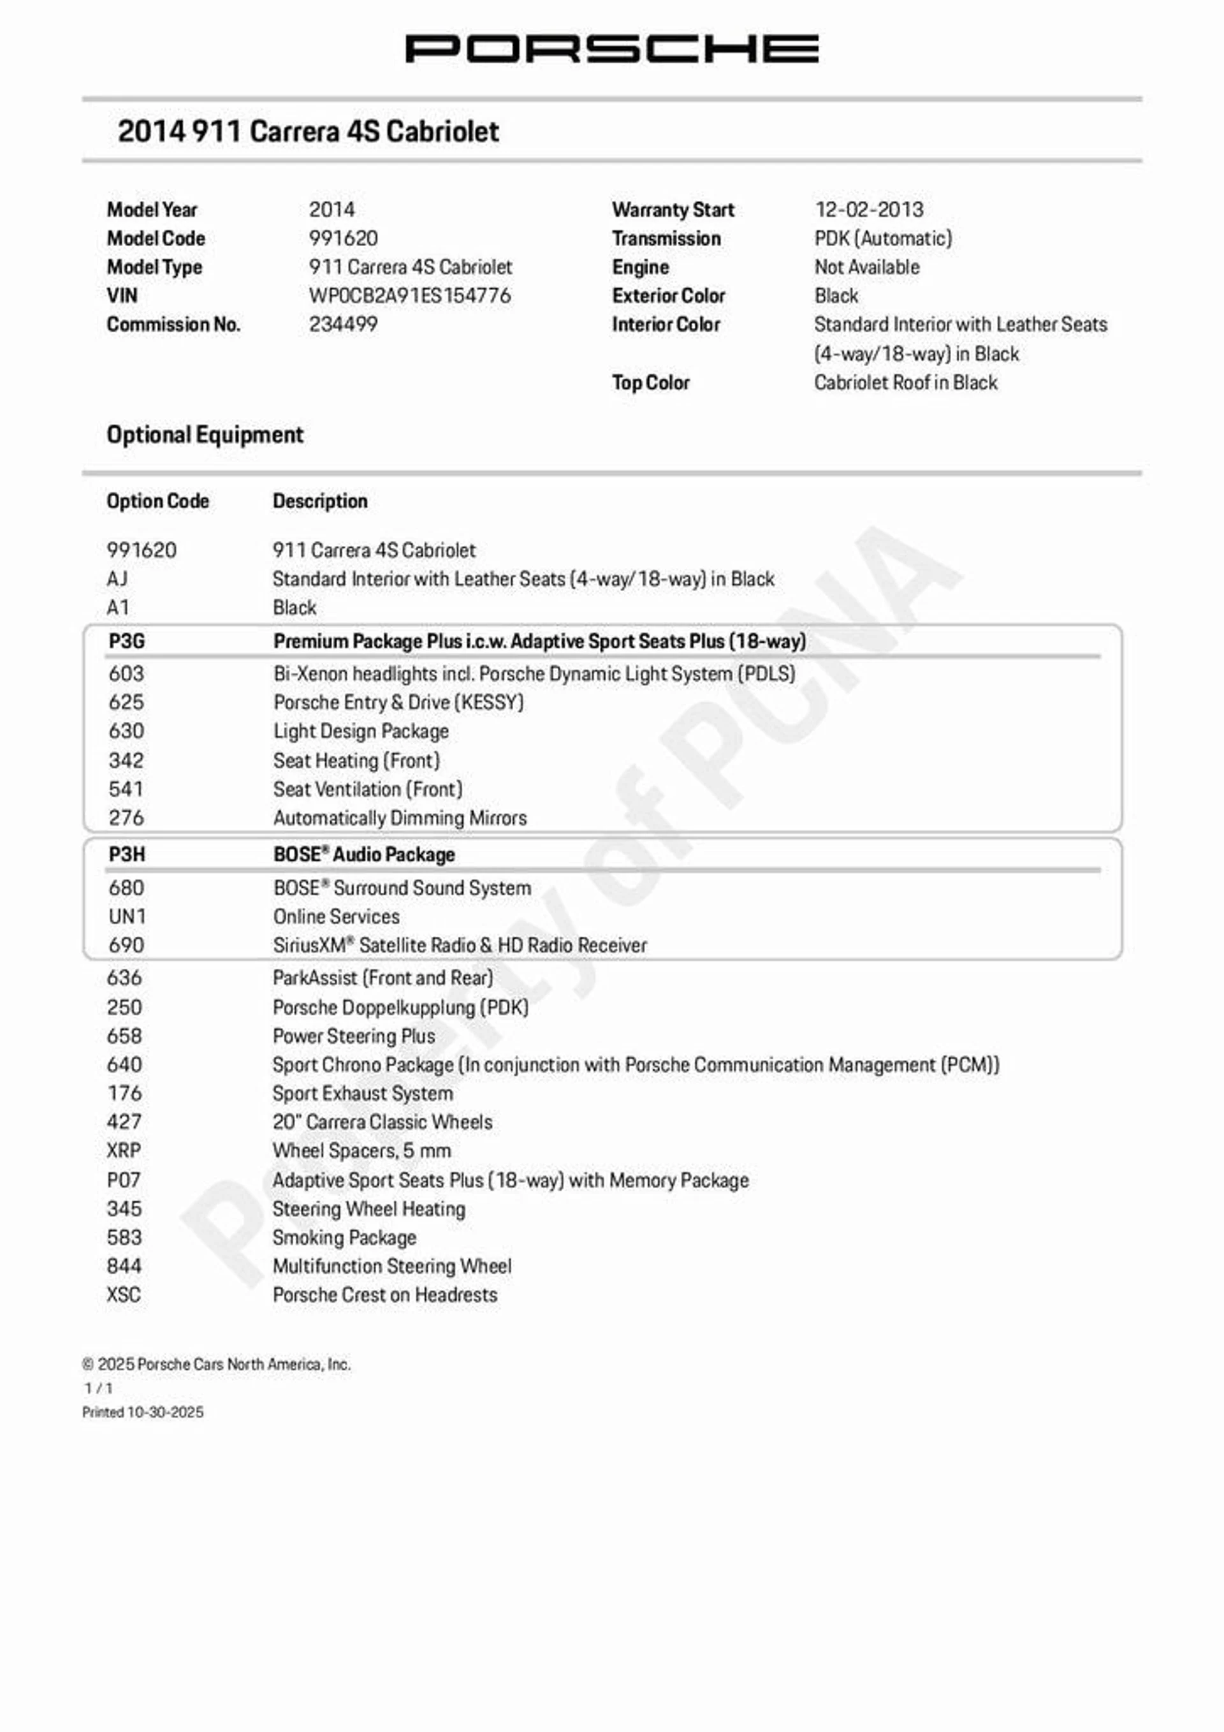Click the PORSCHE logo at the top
point(611,49)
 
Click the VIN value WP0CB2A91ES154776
point(409,296)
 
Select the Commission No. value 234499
point(343,325)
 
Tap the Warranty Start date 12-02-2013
point(869,210)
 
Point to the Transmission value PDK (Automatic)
point(882,239)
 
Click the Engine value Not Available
point(866,267)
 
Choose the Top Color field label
point(650,383)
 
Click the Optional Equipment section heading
point(205,434)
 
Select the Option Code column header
point(157,501)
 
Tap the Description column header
point(320,501)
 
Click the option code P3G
point(126,641)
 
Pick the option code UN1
point(127,916)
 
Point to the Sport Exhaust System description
point(363,1093)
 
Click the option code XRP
point(124,1150)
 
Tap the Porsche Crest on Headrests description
point(384,1295)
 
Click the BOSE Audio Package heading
point(363,855)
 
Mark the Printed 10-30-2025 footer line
point(143,1412)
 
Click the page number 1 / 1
point(98,1388)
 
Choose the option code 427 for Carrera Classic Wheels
point(124,1122)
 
